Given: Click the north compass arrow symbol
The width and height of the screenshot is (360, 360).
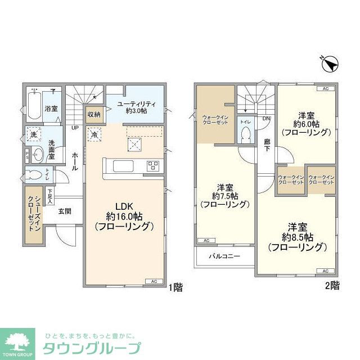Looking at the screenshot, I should [x=332, y=64].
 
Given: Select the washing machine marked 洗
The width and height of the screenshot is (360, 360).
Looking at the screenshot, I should [x=34, y=136].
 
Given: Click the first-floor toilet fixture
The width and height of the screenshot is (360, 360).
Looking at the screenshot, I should [x=35, y=173].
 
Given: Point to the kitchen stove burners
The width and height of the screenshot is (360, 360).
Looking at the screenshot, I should [x=154, y=166].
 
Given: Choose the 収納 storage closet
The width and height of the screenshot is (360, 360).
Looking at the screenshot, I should [x=94, y=114].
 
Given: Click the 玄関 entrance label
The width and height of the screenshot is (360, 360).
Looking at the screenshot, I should [x=65, y=211].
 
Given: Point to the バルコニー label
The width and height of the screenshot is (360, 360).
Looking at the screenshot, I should [x=225, y=256].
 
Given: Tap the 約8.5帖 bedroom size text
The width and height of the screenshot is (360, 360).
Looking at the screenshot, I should [x=298, y=236].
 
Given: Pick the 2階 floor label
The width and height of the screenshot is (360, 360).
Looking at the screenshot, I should [x=332, y=286].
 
